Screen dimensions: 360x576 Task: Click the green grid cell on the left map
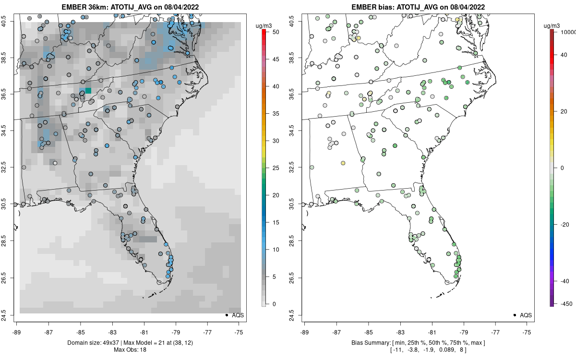click(88, 90)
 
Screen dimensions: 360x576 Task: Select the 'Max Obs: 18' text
click(130, 349)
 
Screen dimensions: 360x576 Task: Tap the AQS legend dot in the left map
click(226, 315)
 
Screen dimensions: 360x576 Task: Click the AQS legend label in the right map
click(526, 315)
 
